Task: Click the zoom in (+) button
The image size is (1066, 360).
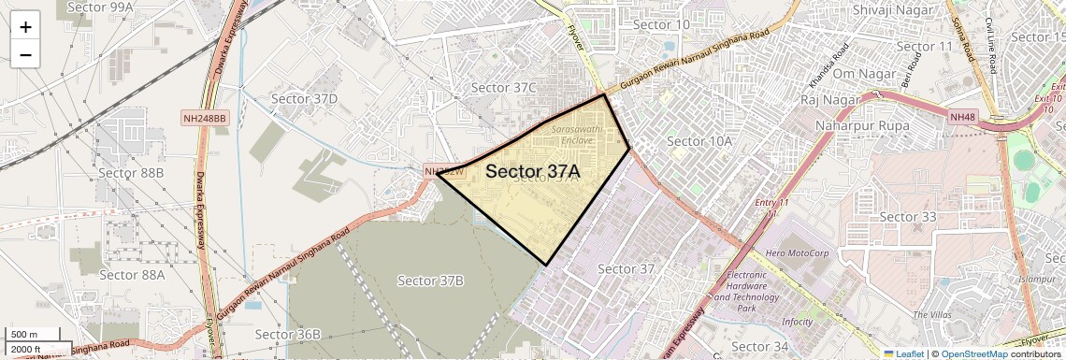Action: tap(25, 26)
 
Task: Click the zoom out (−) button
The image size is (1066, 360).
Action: tap(25, 54)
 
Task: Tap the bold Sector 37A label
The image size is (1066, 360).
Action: tap(533, 172)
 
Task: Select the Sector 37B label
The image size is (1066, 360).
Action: tap(430, 281)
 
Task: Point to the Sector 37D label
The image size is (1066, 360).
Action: tap(304, 98)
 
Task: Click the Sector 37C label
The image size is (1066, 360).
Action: tap(504, 88)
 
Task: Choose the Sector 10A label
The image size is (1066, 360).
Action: tap(699, 141)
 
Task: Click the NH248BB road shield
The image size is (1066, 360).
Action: tap(205, 118)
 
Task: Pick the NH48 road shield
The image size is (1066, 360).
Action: tap(963, 117)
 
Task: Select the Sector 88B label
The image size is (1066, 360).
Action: tap(131, 173)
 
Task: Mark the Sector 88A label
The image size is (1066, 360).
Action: tap(132, 274)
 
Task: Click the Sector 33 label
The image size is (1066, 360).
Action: tap(908, 217)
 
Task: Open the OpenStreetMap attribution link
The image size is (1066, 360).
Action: tap(973, 353)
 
